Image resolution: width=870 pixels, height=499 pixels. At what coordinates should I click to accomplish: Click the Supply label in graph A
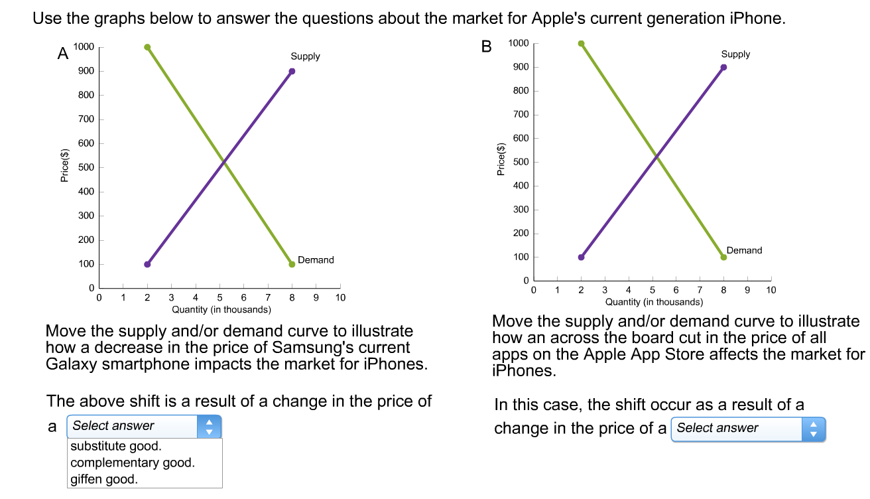click(305, 56)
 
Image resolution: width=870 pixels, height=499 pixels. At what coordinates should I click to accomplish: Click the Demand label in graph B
click(744, 250)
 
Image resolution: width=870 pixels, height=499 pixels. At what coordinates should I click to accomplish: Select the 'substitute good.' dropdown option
click(116, 446)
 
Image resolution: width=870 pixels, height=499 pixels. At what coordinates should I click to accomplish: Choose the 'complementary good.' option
click(133, 463)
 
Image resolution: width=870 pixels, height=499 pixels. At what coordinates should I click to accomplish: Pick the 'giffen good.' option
click(104, 479)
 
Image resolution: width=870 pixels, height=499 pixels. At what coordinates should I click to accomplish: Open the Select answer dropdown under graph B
click(748, 428)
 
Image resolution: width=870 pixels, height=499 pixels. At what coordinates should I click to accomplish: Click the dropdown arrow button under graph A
click(210, 426)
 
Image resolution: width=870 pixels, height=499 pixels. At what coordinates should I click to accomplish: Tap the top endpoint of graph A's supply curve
click(292, 72)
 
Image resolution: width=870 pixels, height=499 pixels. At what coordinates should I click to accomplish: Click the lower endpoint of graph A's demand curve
click(292, 264)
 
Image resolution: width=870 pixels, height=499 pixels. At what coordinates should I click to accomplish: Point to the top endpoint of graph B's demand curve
click(581, 44)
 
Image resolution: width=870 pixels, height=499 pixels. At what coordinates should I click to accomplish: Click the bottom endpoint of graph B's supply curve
click(581, 257)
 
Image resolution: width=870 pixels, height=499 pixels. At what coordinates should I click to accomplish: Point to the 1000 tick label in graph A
click(84, 47)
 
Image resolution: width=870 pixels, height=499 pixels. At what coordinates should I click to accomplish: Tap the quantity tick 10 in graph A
click(340, 298)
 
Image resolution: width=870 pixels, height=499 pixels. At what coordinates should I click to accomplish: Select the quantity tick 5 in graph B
click(652, 290)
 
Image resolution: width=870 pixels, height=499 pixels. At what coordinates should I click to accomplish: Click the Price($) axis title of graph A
click(64, 167)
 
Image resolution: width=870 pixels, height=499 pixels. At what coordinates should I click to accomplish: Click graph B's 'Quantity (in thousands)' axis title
click(654, 302)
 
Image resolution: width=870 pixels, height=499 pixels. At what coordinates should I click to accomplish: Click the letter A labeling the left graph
click(63, 54)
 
